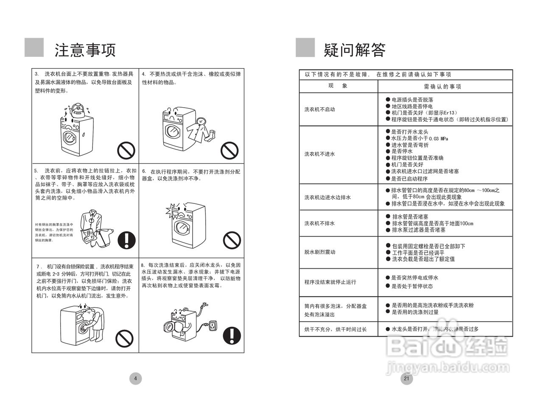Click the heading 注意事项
tap(85, 50)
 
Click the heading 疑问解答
tap(354, 50)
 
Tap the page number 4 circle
tap(135, 379)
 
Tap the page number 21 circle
tap(406, 379)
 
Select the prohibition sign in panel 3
tap(126, 150)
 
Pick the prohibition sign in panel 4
tap(230, 150)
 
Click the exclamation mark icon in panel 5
tap(126, 239)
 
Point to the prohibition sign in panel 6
tap(232, 239)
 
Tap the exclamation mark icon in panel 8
tap(232, 335)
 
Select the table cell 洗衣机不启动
tap(319, 109)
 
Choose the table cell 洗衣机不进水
tap(319, 154)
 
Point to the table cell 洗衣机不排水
tap(319, 223)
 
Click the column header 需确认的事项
tap(445, 86)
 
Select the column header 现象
tap(338, 86)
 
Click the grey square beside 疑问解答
tap(305, 47)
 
